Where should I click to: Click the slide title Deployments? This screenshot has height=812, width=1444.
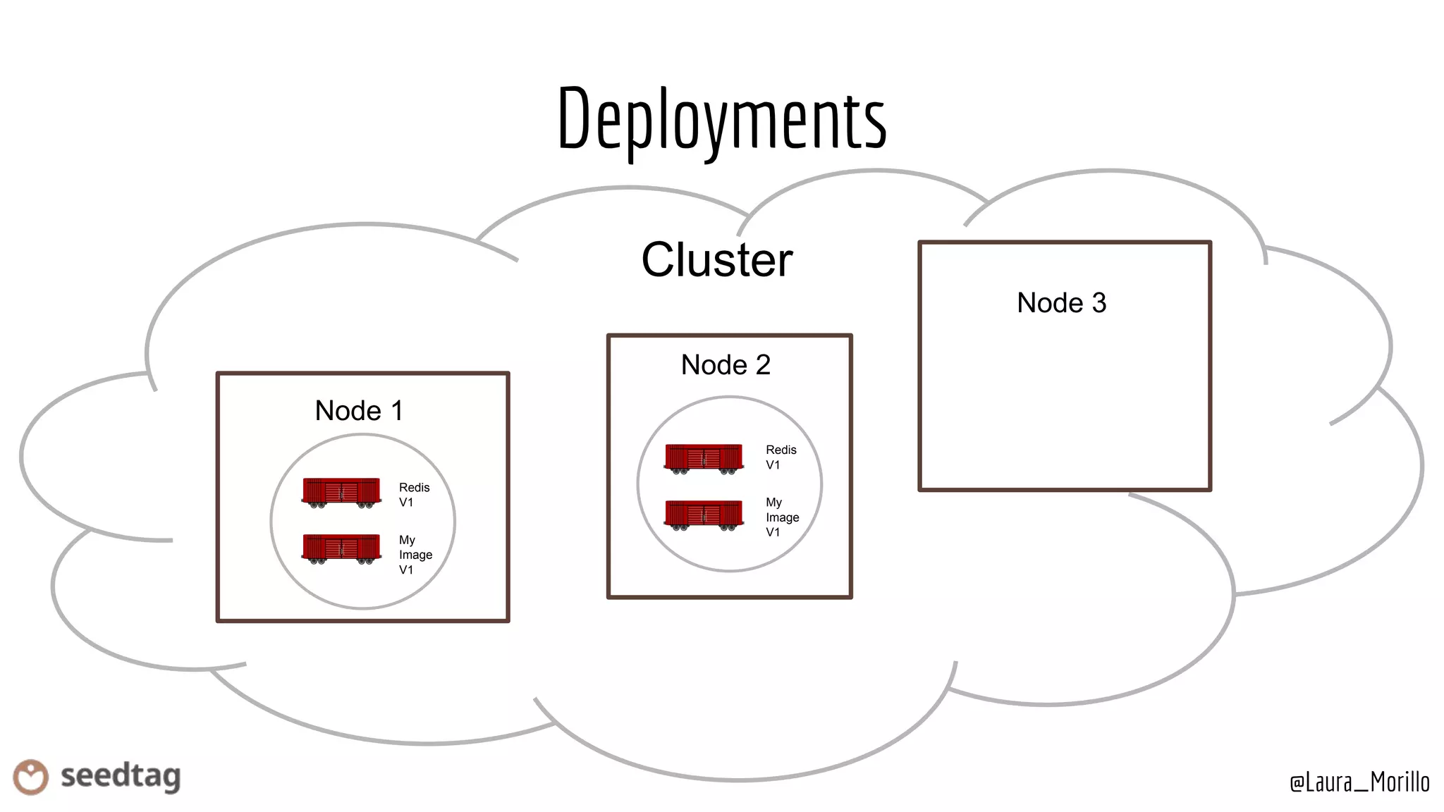pyautogui.click(x=721, y=118)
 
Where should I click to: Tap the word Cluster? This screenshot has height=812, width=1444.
pyautogui.click(x=716, y=260)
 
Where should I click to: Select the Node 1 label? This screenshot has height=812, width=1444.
pyautogui.click(x=358, y=410)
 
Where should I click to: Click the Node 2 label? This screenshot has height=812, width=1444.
pyautogui.click(x=726, y=365)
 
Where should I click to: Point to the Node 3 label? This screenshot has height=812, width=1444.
pyautogui.click(x=1061, y=303)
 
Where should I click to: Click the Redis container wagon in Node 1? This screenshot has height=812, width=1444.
pyautogui.click(x=341, y=492)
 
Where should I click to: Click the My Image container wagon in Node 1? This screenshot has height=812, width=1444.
pyautogui.click(x=341, y=548)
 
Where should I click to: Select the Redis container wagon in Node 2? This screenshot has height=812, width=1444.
pyautogui.click(x=704, y=458)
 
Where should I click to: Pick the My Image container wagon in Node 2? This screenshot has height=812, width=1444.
pyautogui.click(x=704, y=515)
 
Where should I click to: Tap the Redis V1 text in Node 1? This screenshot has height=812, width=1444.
pyautogui.click(x=413, y=495)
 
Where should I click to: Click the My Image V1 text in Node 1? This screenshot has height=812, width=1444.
pyautogui.click(x=415, y=555)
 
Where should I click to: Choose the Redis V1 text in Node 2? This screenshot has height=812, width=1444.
pyautogui.click(x=781, y=457)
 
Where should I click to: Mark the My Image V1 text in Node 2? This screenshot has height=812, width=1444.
pyautogui.click(x=782, y=517)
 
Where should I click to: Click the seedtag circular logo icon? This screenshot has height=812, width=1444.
pyautogui.click(x=30, y=777)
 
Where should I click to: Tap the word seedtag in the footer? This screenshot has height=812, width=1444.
pyautogui.click(x=121, y=776)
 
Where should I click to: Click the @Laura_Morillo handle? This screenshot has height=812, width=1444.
pyautogui.click(x=1359, y=782)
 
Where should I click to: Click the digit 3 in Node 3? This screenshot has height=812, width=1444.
pyautogui.click(x=1099, y=303)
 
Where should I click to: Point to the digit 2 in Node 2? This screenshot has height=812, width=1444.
pyautogui.click(x=763, y=365)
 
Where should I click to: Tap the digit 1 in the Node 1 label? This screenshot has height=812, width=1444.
pyautogui.click(x=397, y=410)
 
